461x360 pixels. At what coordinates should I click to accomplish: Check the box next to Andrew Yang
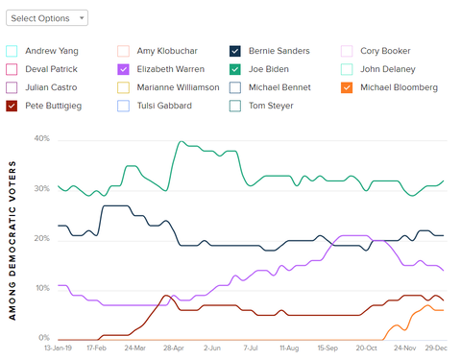click(12, 51)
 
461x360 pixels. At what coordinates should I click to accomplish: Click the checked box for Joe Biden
click(235, 69)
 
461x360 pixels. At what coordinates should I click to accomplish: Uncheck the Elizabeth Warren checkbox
click(123, 69)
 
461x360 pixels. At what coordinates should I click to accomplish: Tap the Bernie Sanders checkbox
click(235, 51)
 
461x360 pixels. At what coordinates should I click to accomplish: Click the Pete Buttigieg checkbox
click(12, 106)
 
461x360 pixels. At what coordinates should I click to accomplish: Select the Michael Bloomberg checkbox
click(348, 87)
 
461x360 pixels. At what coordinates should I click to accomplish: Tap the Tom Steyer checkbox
click(235, 106)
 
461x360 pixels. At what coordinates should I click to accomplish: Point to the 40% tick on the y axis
click(41, 139)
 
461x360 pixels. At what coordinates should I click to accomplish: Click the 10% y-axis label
click(41, 289)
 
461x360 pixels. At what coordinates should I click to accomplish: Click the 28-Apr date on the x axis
click(173, 349)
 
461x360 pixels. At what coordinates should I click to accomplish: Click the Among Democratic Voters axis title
click(14, 239)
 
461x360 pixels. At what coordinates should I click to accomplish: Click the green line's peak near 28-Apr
click(181, 142)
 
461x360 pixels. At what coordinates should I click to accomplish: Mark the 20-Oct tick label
click(366, 349)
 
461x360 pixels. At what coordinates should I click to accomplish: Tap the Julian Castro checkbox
click(12, 87)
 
